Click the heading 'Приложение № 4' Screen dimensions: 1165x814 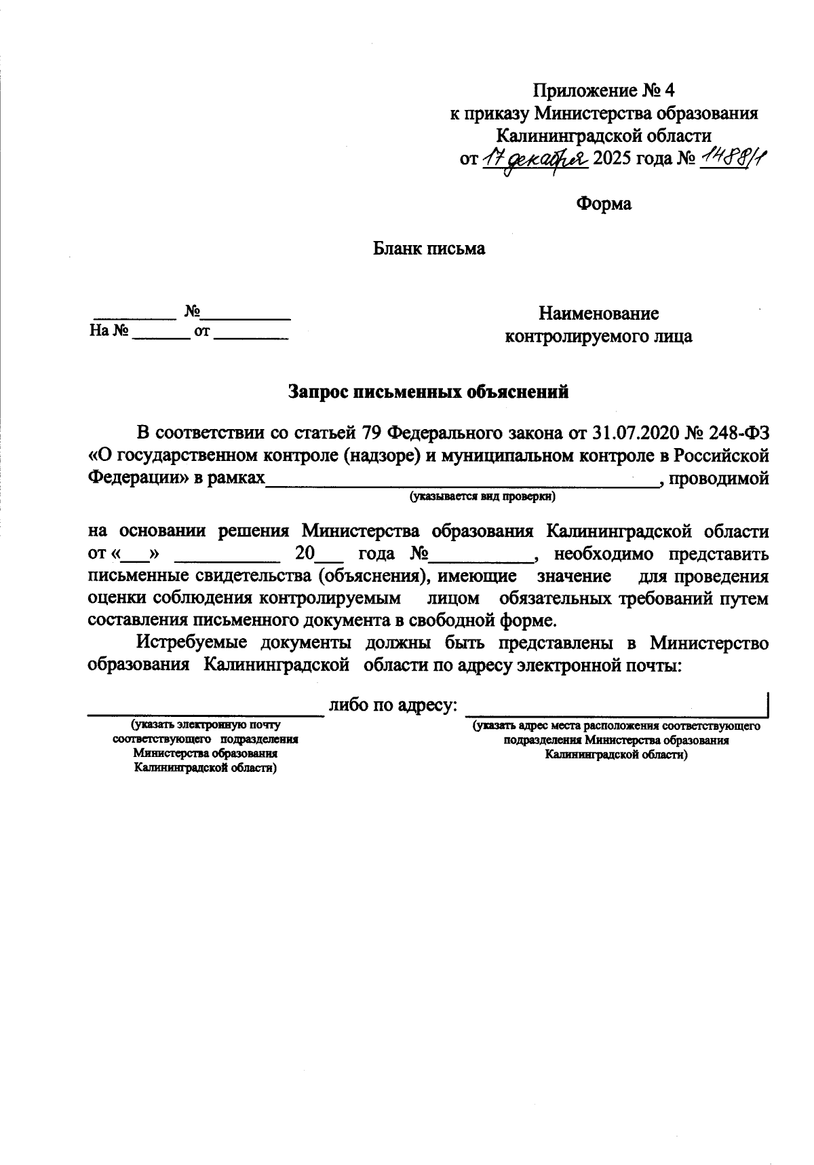pyautogui.click(x=604, y=90)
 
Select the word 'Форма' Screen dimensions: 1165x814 pyautogui.click(x=604, y=204)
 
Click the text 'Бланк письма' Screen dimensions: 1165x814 pyautogui.click(x=429, y=248)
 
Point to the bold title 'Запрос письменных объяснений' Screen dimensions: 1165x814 pyautogui.click(x=429, y=392)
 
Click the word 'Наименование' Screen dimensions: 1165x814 pyautogui.click(x=598, y=314)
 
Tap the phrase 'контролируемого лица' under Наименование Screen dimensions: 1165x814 pyautogui.click(x=598, y=336)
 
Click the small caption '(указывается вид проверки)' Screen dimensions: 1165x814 pyautogui.click(x=482, y=497)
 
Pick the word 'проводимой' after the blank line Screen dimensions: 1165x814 pyautogui.click(x=719, y=479)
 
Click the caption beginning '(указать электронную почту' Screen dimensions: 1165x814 pyautogui.click(x=206, y=726)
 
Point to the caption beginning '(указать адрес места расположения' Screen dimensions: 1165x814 pyautogui.click(x=616, y=726)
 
